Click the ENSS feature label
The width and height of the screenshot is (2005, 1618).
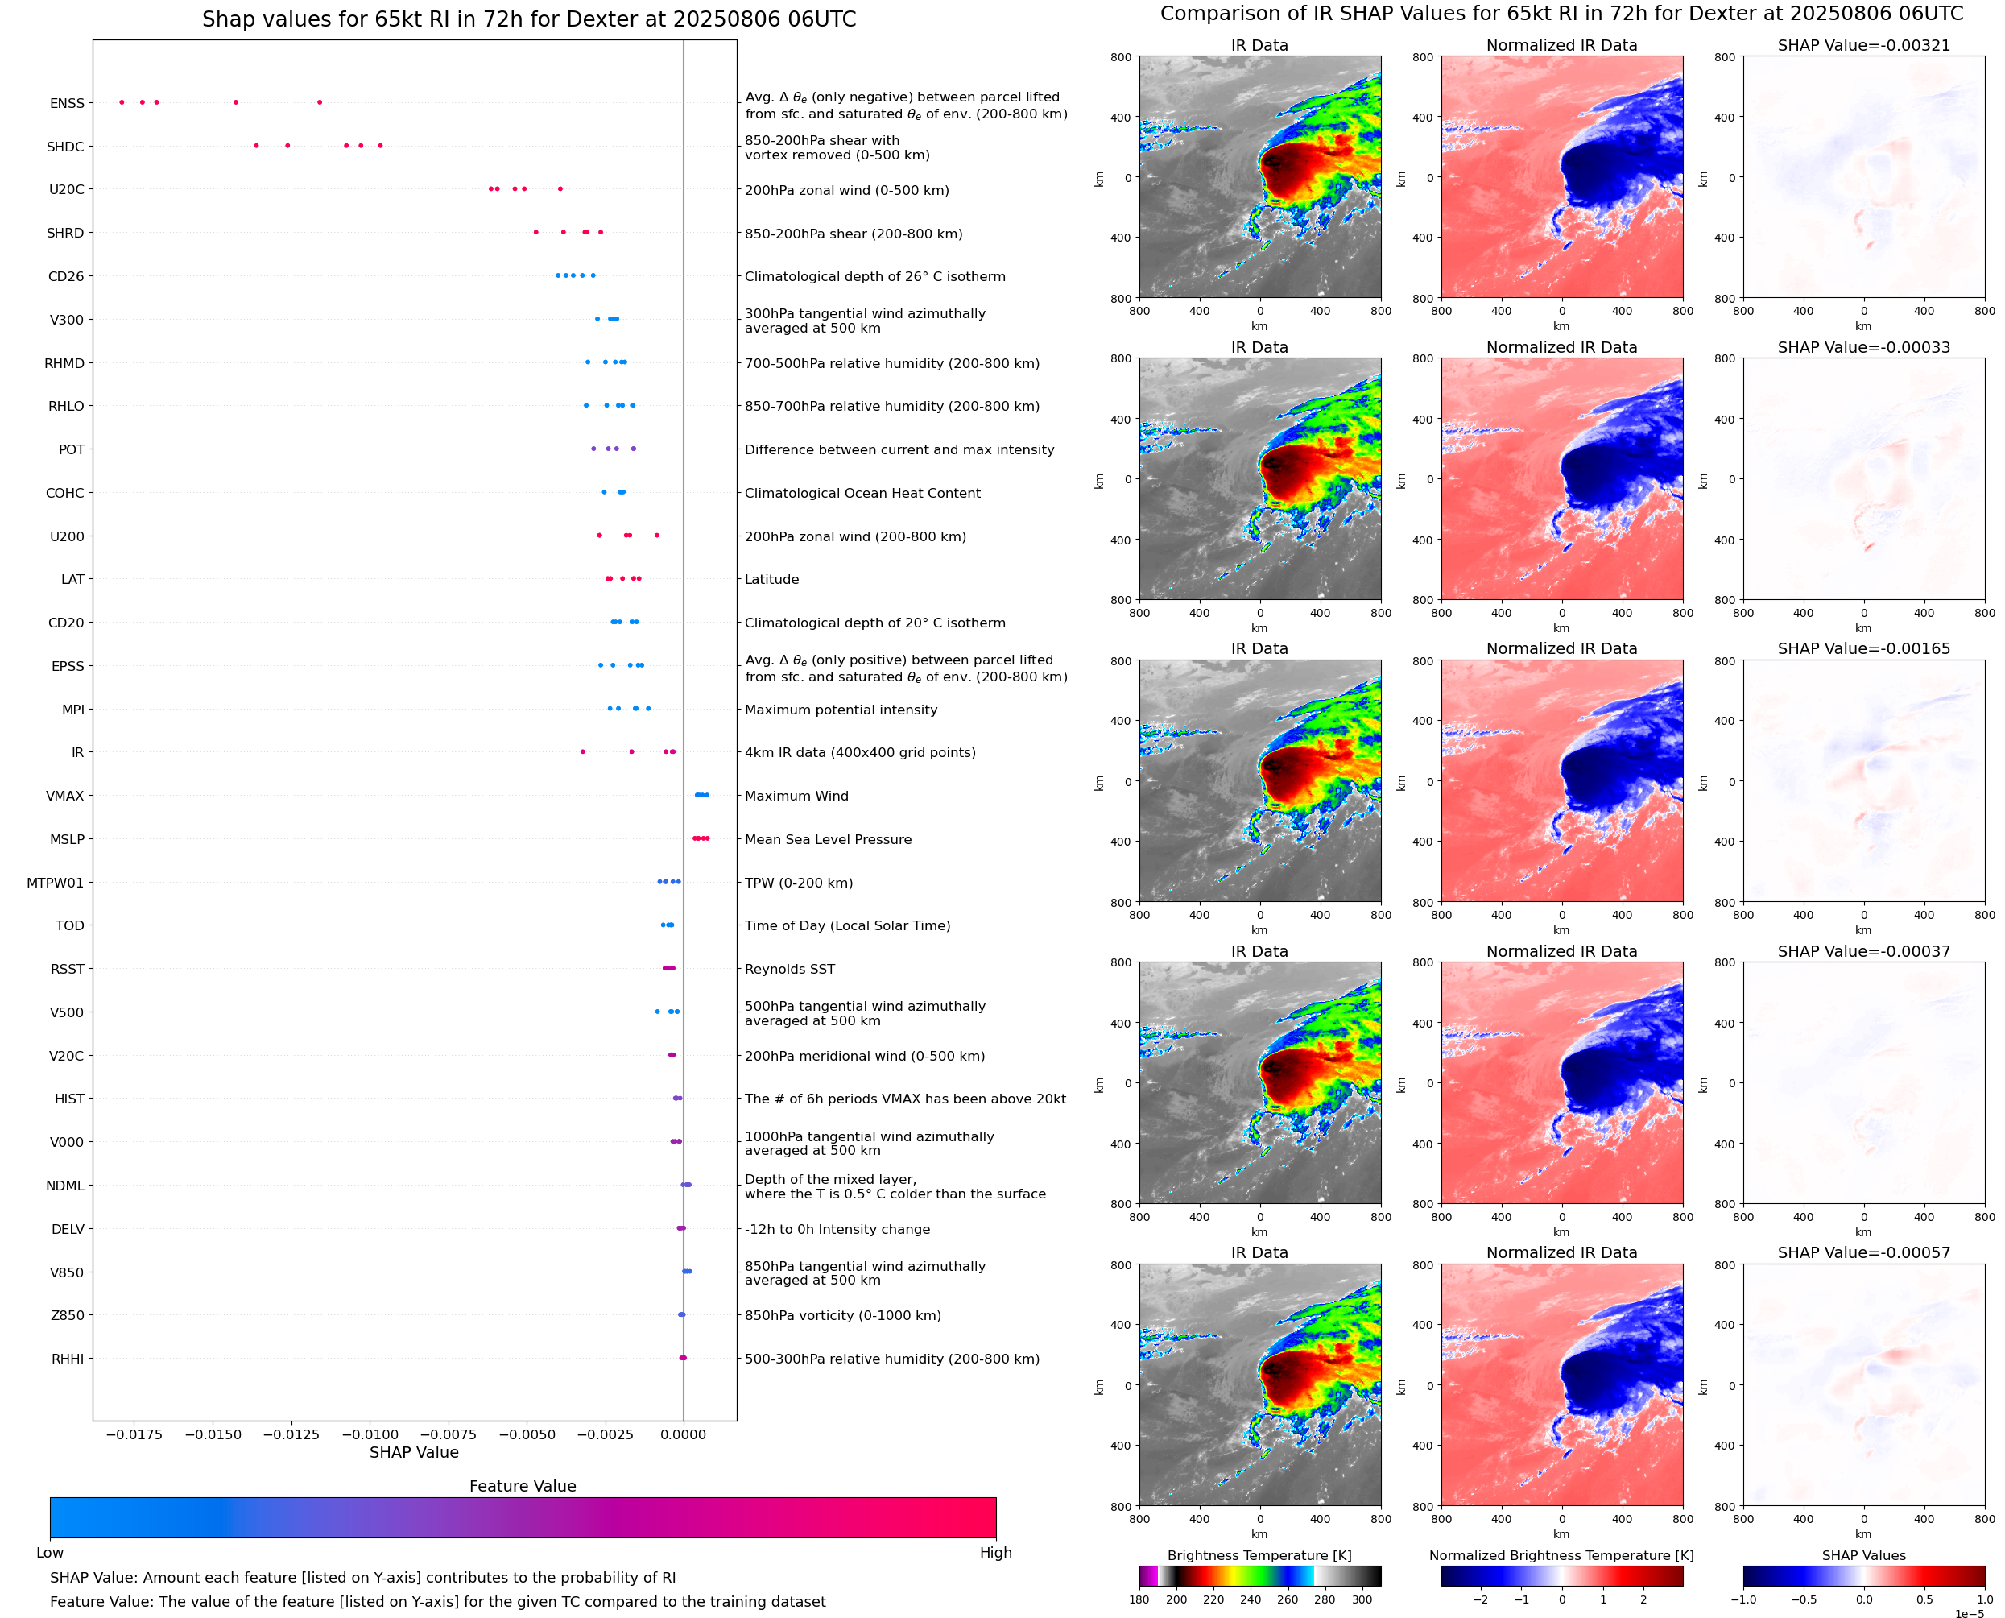click(x=67, y=103)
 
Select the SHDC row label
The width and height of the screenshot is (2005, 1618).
click(x=65, y=147)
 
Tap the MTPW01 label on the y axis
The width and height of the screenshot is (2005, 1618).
click(x=55, y=883)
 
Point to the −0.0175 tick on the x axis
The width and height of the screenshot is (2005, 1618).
click(x=134, y=1434)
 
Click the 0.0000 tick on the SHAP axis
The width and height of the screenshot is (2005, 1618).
click(x=683, y=1434)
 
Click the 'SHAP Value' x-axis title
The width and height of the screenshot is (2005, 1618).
click(x=414, y=1452)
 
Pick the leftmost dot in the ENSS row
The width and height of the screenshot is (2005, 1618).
click(x=122, y=102)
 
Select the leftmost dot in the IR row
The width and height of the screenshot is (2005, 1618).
click(x=583, y=751)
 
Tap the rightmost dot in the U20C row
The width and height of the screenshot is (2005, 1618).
click(x=560, y=189)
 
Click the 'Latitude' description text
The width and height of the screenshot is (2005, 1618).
click(x=771, y=580)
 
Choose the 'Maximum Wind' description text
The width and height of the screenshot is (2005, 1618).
click(x=796, y=796)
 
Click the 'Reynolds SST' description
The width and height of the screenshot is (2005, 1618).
click(x=789, y=970)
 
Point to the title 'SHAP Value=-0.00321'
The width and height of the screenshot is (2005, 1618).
click(x=1863, y=46)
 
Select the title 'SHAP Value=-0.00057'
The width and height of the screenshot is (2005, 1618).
click(x=1863, y=1252)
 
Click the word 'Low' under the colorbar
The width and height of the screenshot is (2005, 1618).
click(x=49, y=1553)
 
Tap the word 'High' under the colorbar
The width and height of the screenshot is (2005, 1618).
click(x=995, y=1553)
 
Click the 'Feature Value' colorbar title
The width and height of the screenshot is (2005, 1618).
click(x=523, y=1487)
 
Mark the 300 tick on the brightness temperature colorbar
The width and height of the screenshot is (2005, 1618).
click(x=1362, y=1599)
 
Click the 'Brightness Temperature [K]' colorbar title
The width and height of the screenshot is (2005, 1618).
click(x=1259, y=1555)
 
